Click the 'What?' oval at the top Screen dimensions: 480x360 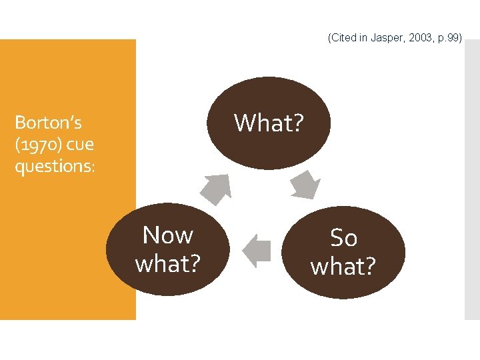click(269, 123)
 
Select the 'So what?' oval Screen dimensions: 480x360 click(343, 252)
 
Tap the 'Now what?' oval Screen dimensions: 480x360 click(168, 249)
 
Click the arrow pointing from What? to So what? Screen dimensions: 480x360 click(304, 185)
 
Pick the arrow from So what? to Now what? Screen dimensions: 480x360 click(257, 251)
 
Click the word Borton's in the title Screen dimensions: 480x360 click(48, 123)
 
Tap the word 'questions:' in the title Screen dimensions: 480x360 click(55, 165)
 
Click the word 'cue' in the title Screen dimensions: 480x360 click(80, 144)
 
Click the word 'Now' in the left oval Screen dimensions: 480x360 click(168, 235)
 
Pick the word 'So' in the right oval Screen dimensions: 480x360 click(344, 238)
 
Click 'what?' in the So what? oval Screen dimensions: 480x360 click(343, 267)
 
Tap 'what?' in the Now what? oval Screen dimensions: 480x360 click(168, 264)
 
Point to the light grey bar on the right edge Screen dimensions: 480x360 click(471, 180)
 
